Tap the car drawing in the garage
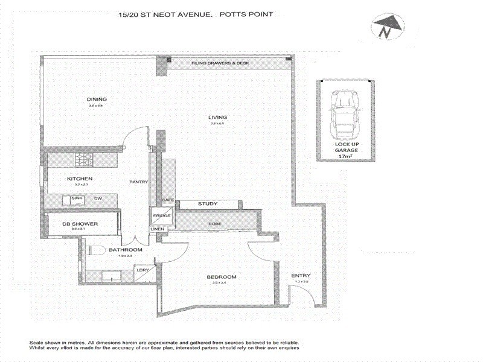[345, 115]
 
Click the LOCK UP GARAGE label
[347, 148]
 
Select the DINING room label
[97, 100]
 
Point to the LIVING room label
[217, 117]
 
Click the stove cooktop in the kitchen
[83, 160]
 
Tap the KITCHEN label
[79, 179]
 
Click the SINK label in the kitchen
[77, 198]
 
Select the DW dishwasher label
[97, 198]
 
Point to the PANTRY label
[139, 182]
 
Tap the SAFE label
[167, 200]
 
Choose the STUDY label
[208, 204]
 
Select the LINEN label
[157, 230]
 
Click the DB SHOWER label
[80, 224]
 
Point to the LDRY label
[142, 270]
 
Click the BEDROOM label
[221, 277]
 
